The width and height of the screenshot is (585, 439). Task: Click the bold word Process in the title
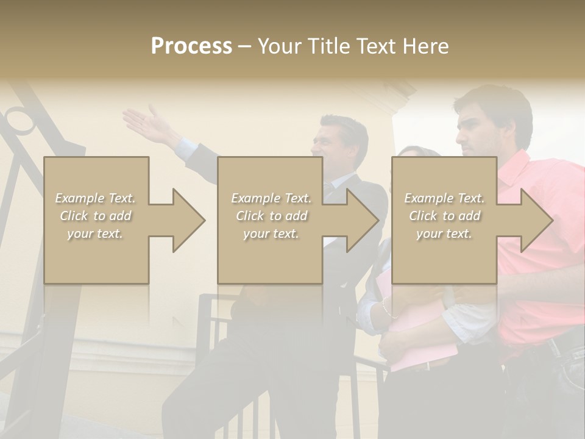(191, 46)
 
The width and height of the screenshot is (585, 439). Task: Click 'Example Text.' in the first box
(95, 198)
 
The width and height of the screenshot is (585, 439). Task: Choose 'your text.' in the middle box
(271, 234)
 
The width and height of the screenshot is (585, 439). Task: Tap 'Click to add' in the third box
(444, 216)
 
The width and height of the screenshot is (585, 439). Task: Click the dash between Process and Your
(244, 47)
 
